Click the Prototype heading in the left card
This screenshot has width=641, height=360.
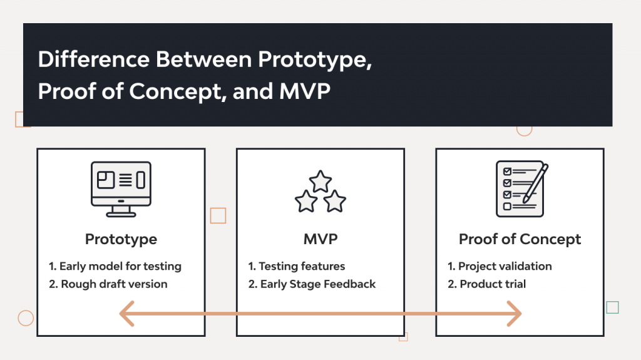click(x=121, y=239)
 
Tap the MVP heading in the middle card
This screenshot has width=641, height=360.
click(x=320, y=239)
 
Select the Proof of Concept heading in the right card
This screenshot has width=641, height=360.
click(x=520, y=239)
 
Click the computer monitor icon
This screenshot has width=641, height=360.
click(x=121, y=186)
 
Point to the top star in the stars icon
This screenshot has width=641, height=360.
click(x=320, y=182)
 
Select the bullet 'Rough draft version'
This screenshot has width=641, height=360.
click(x=108, y=284)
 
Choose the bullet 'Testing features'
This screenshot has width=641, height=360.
click(x=297, y=266)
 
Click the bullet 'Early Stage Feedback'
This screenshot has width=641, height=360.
click(x=312, y=284)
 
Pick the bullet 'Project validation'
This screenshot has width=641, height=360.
click(x=500, y=266)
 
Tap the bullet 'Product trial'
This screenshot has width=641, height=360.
click(x=486, y=284)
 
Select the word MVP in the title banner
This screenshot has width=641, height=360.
click(x=304, y=91)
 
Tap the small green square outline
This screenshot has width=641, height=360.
click(x=612, y=307)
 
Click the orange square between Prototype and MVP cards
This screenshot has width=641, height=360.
click(x=218, y=216)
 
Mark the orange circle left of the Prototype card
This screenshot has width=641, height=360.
click(x=26, y=318)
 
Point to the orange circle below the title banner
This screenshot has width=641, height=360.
click(x=524, y=129)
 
